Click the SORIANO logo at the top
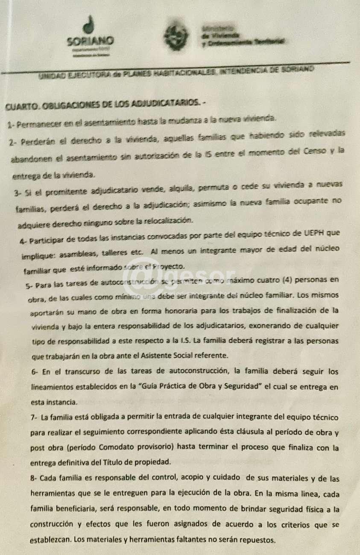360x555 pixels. [90, 36]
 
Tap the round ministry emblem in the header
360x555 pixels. [176, 38]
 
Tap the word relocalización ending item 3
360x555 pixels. [170, 220]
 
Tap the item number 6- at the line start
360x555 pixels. [35, 371]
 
